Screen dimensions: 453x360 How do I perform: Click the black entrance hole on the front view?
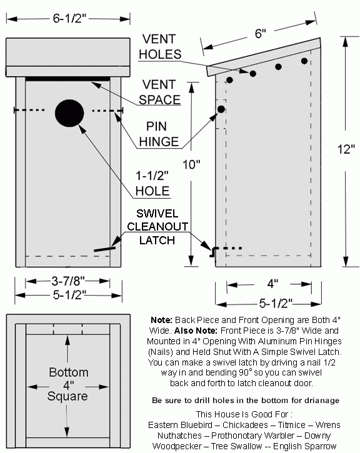click(x=69, y=113)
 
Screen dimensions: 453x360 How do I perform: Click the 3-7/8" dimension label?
click(x=69, y=281)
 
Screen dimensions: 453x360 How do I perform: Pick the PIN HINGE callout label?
click(x=160, y=134)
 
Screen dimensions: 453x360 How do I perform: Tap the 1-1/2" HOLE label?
click(x=154, y=184)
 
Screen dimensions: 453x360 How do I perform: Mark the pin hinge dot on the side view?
click(x=221, y=109)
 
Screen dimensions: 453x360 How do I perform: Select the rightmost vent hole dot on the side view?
click(x=304, y=61)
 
